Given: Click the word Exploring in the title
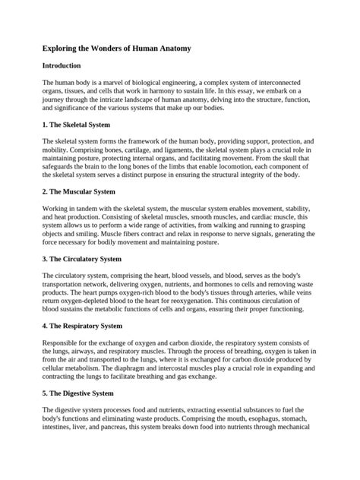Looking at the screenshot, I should (63, 49).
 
